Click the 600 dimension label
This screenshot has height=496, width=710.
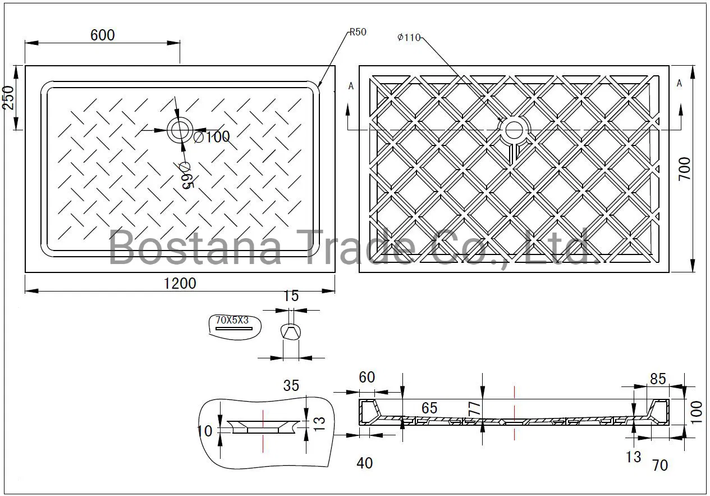[102, 35]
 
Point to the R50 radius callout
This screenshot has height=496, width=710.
[358, 32]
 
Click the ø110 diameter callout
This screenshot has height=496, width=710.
[409, 38]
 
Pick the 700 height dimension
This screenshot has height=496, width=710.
[685, 169]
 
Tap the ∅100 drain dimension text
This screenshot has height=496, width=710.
[212, 136]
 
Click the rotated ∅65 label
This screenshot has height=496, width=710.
[187, 175]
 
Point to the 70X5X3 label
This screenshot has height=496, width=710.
[232, 320]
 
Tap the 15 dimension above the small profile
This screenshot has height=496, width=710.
[291, 296]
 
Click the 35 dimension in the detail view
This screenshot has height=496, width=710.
[291, 386]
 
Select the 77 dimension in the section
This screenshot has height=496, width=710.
[475, 407]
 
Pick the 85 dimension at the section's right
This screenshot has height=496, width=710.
[657, 379]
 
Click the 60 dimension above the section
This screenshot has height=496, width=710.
[367, 377]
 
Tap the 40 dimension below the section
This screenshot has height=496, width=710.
[364, 463]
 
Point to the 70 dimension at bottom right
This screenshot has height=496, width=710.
[660, 465]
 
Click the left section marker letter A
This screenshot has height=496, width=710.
[351, 86]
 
